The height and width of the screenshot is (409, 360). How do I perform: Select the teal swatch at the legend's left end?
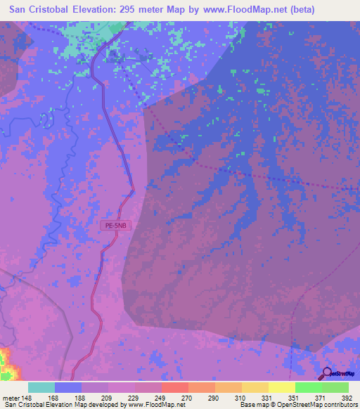[41, 387]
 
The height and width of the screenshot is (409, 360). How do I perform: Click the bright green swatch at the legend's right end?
[335, 387]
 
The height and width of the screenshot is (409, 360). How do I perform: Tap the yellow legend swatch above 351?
[281, 387]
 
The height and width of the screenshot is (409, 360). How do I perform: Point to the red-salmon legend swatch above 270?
[174, 387]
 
